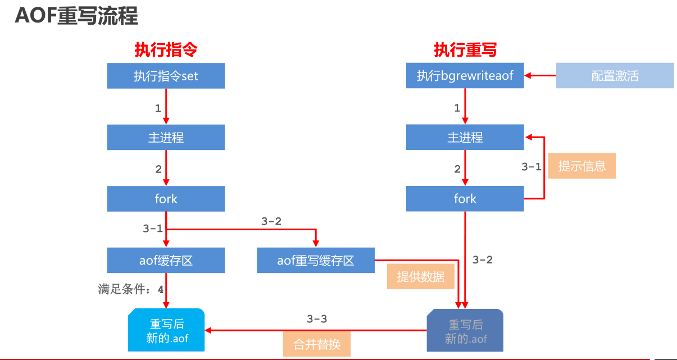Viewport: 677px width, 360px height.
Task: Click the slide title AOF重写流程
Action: tap(76, 16)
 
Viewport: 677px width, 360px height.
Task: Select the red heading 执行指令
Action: tap(166, 50)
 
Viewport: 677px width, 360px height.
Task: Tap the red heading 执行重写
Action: tap(465, 50)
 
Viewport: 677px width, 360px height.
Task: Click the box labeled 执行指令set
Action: tap(166, 76)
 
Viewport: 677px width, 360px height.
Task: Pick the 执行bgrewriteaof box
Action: tap(465, 76)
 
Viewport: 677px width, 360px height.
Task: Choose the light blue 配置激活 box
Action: tap(615, 76)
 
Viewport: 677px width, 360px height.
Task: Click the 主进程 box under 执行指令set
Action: tap(166, 137)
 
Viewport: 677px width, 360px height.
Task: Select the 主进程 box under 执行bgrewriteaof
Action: tap(465, 137)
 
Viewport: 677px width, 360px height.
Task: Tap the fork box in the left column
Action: tap(166, 199)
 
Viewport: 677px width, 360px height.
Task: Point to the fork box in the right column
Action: tap(465, 199)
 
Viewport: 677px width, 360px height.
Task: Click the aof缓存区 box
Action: tap(166, 261)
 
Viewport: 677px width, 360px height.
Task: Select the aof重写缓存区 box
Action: tap(316, 261)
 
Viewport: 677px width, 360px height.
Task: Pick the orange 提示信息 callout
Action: tap(581, 166)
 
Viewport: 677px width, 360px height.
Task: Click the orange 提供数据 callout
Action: tap(420, 277)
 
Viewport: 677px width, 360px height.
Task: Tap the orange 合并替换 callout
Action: tap(317, 344)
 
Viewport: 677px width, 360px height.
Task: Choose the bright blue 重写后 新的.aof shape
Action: tap(166, 331)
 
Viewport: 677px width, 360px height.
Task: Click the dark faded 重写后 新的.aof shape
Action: tap(465, 331)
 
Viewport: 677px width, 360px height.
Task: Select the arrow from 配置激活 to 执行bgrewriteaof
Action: tap(540, 76)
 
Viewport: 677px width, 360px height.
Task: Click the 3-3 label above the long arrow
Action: tap(317, 319)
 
